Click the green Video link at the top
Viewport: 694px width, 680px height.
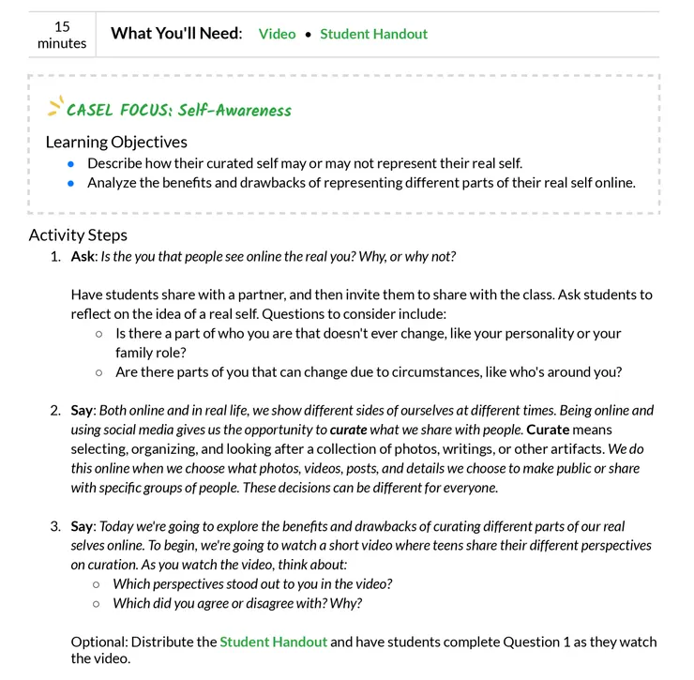277,34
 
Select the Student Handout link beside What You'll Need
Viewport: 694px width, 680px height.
373,34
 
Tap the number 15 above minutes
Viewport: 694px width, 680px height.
62,26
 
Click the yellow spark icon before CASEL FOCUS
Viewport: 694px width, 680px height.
55,106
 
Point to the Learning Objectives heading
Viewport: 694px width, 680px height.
116,142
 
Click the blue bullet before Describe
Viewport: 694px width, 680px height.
70,163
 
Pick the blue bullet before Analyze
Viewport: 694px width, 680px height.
70,183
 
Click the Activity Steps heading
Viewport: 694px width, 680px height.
78,234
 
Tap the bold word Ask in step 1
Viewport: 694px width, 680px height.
83,256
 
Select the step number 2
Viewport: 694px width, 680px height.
54,411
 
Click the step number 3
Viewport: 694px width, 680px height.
54,526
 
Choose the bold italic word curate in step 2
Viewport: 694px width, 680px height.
349,430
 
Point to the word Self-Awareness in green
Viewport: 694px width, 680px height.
234,110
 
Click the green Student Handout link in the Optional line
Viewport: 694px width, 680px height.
273,642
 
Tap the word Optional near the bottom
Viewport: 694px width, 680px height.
98,642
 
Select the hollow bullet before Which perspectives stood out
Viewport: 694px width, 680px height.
97,583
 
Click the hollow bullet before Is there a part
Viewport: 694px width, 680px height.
99,333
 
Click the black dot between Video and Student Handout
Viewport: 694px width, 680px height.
308,35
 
